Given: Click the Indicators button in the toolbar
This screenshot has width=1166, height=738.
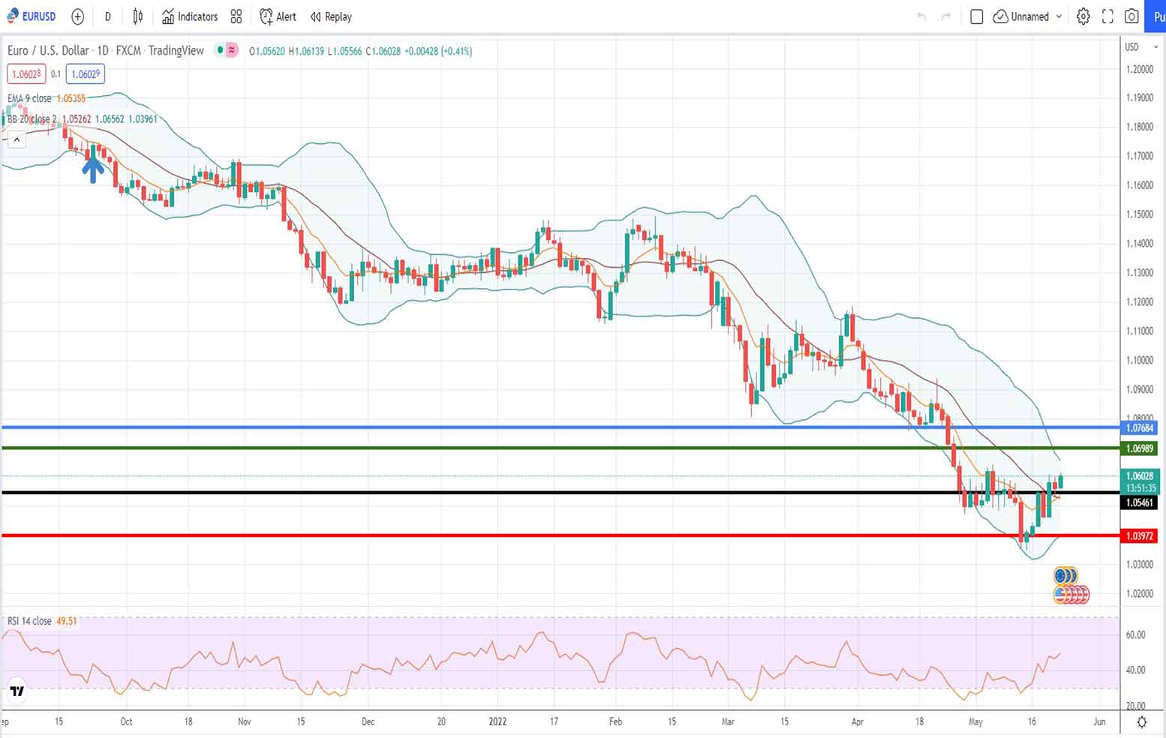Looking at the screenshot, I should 190,16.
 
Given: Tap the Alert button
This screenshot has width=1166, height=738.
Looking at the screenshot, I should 278,16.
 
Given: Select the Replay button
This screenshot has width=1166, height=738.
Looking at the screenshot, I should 331,16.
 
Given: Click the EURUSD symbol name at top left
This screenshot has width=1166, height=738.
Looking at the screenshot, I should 38,16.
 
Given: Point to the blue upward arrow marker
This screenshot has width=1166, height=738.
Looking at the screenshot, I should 93,169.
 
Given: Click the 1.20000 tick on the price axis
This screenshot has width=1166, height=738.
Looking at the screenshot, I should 1139,69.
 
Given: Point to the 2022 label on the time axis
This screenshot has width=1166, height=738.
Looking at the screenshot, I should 497,721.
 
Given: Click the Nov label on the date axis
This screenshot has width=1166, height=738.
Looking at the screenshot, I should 244,721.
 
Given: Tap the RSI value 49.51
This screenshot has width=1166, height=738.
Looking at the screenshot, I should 67,621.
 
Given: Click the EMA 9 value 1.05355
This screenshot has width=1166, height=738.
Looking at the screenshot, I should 71,98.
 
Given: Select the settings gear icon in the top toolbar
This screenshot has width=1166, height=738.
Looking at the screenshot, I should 1083,16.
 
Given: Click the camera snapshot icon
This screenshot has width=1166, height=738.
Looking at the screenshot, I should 1131,16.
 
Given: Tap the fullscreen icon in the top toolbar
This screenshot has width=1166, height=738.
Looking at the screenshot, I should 1107,16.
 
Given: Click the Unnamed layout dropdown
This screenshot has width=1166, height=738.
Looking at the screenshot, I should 1028,16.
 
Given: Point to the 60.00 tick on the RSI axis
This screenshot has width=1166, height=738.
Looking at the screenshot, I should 1135,634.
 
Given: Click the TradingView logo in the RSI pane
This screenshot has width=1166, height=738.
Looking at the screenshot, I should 17,691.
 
